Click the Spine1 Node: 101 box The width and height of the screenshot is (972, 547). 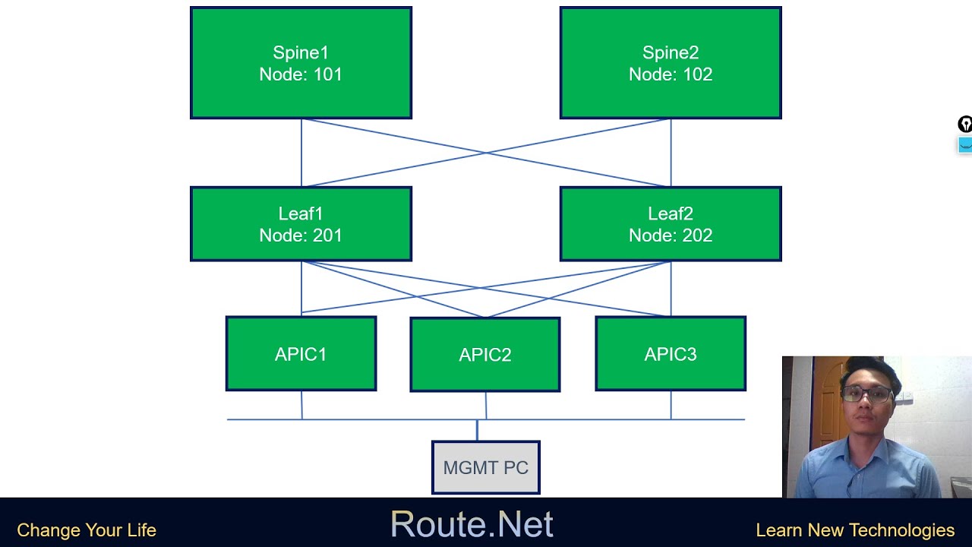point(301,63)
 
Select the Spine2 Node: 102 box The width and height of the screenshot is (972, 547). point(671,63)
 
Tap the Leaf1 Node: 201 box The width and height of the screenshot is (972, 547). point(301,224)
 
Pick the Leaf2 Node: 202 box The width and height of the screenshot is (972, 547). point(671,224)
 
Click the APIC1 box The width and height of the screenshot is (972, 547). point(301,354)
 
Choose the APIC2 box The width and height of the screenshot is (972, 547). point(485,355)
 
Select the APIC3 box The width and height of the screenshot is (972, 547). point(671,354)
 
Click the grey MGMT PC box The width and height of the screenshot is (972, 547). point(486,467)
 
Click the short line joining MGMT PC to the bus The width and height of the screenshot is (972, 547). point(477,430)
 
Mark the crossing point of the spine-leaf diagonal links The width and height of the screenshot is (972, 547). point(486,153)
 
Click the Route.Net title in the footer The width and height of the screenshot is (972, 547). point(471,524)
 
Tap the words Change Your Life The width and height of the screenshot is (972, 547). point(87,530)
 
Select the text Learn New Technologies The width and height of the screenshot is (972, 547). point(855,530)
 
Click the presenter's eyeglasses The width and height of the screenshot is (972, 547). point(866,394)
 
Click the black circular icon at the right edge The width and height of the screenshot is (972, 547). point(964,125)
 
